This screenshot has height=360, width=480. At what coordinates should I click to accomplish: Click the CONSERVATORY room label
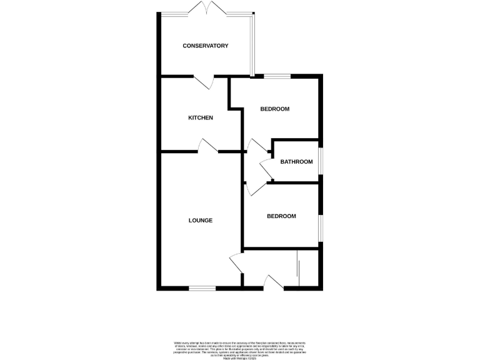tap(205, 46)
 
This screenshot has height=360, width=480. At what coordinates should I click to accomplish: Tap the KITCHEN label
tap(201, 117)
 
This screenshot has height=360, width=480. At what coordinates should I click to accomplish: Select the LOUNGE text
tap(201, 220)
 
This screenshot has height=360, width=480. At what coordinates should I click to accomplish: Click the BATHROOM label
tap(296, 162)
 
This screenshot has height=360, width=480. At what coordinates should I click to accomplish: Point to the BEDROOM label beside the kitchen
tap(274, 109)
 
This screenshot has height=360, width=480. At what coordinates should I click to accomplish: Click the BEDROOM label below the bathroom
tap(281, 216)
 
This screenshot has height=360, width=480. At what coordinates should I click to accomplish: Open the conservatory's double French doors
tap(206, 9)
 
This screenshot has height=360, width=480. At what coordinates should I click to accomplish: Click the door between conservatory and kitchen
tap(204, 81)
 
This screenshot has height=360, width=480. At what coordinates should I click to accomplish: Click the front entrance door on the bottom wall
tap(274, 282)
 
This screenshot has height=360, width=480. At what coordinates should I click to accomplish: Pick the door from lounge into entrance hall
tap(236, 263)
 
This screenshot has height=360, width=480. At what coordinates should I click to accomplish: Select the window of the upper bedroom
tap(277, 76)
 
